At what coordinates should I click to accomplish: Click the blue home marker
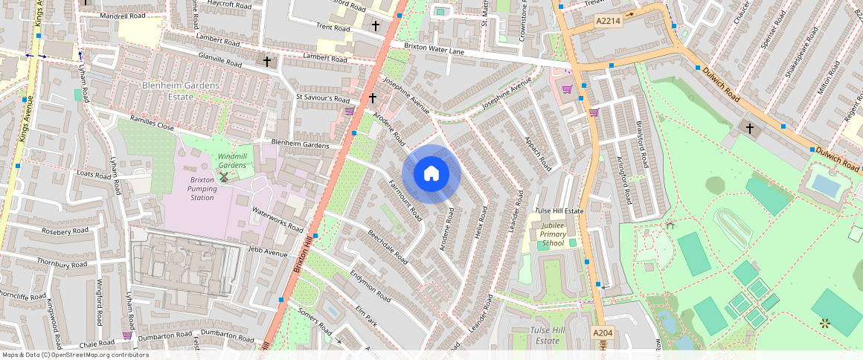pos(431,174)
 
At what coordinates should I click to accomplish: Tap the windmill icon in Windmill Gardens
pos(223,177)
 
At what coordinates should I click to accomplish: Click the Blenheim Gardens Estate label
pos(181,91)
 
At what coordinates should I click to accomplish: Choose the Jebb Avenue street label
pos(268,253)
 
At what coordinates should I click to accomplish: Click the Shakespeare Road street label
pos(800,52)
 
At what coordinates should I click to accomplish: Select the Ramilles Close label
pos(152,123)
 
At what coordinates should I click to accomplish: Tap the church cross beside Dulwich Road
pos(750,129)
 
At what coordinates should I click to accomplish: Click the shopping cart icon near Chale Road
pos(127,335)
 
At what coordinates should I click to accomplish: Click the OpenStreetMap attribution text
pos(74,355)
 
